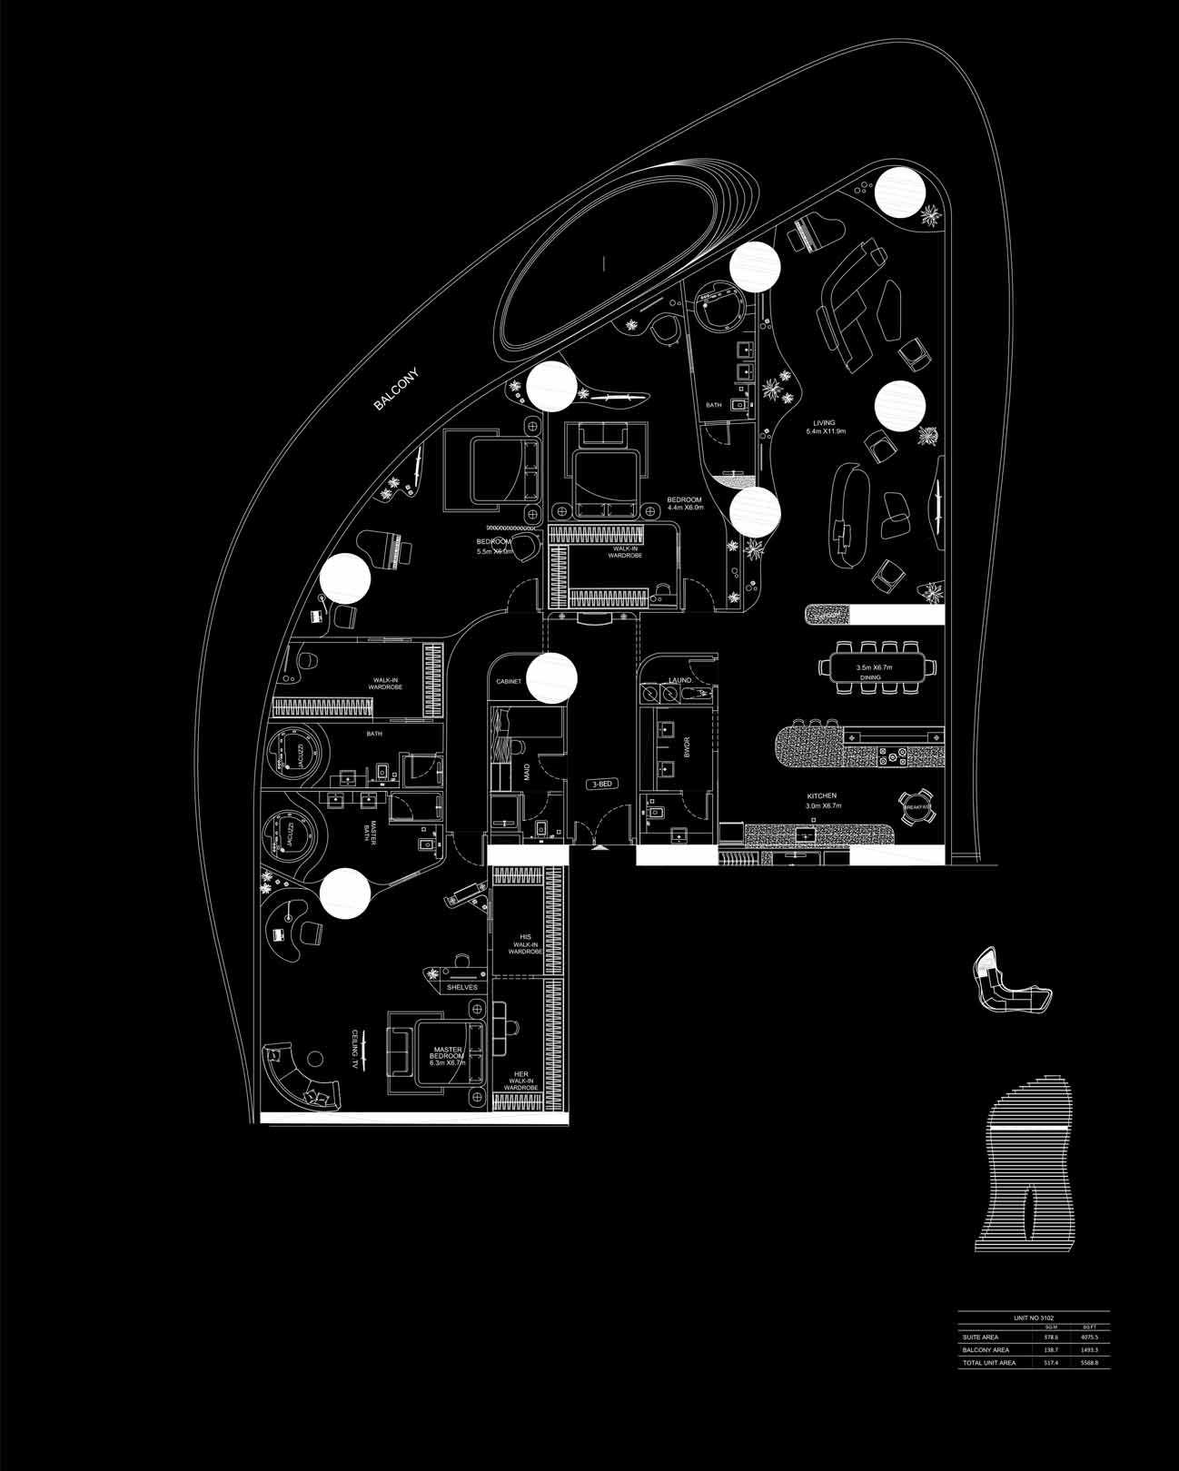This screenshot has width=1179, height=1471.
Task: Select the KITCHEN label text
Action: (x=821, y=796)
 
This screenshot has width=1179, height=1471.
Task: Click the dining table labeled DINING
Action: (x=874, y=667)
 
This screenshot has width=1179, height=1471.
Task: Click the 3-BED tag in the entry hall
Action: (x=601, y=783)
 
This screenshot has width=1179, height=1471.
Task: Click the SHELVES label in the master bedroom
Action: (x=461, y=987)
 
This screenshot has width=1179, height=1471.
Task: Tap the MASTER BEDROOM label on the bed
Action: (x=449, y=1055)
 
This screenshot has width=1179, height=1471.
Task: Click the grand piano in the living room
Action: (x=806, y=235)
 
